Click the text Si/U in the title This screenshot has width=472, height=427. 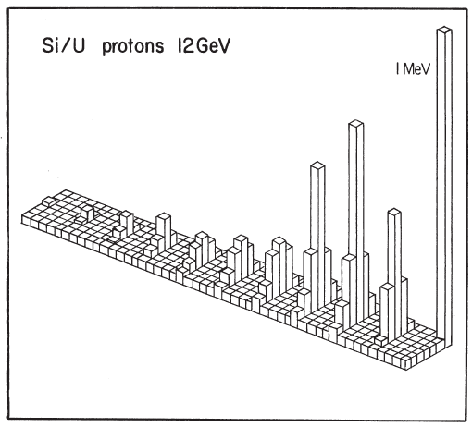click(x=63, y=45)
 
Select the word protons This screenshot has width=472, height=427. click(x=133, y=47)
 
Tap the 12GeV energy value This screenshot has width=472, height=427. click(x=204, y=45)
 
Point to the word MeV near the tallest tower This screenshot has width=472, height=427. click(x=416, y=69)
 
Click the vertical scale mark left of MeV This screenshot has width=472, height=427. click(x=397, y=68)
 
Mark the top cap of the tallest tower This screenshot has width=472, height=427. click(x=444, y=30)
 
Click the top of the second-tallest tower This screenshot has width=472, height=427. click(x=356, y=123)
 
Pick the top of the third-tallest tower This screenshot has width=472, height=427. click(x=318, y=165)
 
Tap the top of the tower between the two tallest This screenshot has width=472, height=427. click(x=394, y=212)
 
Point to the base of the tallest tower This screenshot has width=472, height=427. click(x=444, y=342)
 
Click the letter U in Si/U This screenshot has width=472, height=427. click(x=79, y=45)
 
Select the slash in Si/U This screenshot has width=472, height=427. click(x=65, y=45)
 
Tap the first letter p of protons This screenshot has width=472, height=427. click(x=106, y=49)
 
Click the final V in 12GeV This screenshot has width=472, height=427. click(x=224, y=46)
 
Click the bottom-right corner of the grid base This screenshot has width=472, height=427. click(x=406, y=369)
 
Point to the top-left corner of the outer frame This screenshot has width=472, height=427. click(x=8, y=9)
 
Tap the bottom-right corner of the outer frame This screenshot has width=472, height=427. click(x=466, y=420)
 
